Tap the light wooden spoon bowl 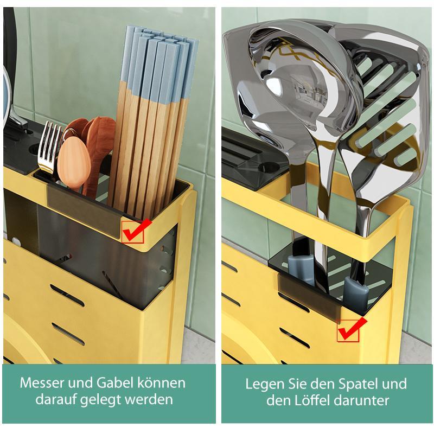tap(74, 161)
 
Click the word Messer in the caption tap(42, 383)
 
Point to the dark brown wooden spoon tap(100, 146)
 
